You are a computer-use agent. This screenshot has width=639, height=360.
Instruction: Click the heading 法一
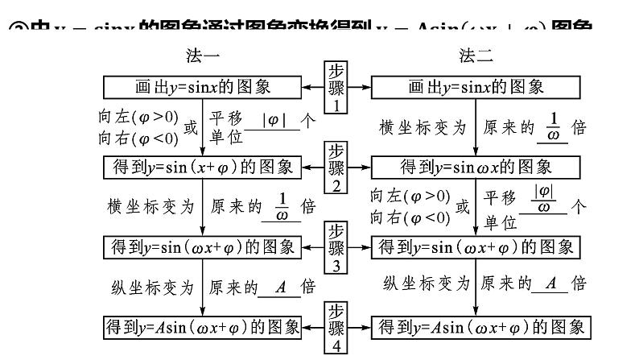coord(202,56)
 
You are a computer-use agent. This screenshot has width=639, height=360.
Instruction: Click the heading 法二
coord(476,56)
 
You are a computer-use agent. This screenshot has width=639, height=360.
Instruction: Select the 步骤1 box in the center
coord(336,86)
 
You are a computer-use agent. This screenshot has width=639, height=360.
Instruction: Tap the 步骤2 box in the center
coord(336,168)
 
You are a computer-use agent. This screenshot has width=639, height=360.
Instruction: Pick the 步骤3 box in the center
coord(336,247)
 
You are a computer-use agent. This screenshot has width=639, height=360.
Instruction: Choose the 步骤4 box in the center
coord(336,327)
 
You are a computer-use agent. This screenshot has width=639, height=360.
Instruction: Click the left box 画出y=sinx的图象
coord(202,86)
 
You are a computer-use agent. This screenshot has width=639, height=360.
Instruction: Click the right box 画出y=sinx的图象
coord(475,86)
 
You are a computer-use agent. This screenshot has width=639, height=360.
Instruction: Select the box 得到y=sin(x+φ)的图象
coord(202,167)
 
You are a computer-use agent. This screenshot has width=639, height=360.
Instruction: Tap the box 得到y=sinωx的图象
coord(475,167)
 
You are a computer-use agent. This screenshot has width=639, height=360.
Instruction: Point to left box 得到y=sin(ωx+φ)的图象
coord(202,246)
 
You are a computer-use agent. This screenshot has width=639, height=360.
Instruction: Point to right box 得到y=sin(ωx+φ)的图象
coord(476,246)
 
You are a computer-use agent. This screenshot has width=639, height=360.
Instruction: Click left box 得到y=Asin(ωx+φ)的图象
coord(202,327)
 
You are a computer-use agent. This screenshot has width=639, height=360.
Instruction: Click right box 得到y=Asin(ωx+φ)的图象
coord(476,327)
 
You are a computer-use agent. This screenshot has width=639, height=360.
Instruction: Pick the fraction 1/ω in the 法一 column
coord(281,206)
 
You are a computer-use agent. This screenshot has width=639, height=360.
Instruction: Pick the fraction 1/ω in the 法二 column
coord(552,126)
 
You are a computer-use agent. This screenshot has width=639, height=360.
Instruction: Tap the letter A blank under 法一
coord(280,287)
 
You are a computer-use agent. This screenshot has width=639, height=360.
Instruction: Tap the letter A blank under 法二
coord(551,283)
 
